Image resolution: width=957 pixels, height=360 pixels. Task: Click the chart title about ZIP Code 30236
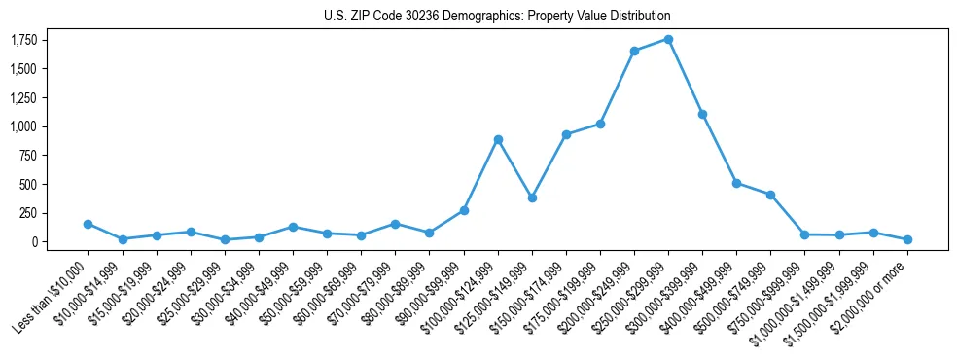(497, 16)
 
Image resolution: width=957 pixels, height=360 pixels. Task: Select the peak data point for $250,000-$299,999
(668, 39)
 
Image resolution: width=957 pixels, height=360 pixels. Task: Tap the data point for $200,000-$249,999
(634, 51)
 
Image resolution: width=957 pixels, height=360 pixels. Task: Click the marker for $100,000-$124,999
(498, 139)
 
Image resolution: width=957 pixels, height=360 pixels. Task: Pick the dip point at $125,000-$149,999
(532, 198)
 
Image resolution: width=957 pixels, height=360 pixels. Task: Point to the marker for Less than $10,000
(88, 224)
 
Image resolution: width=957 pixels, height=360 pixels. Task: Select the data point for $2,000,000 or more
(907, 239)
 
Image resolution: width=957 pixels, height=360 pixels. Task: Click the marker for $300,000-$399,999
(702, 114)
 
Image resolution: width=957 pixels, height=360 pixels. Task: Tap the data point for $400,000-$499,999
(736, 183)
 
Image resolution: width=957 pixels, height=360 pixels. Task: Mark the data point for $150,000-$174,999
(566, 134)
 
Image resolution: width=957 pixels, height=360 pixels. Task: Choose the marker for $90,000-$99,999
(464, 210)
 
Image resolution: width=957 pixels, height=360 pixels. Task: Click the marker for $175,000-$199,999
(600, 124)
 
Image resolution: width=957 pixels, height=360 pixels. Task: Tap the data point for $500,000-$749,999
(770, 195)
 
